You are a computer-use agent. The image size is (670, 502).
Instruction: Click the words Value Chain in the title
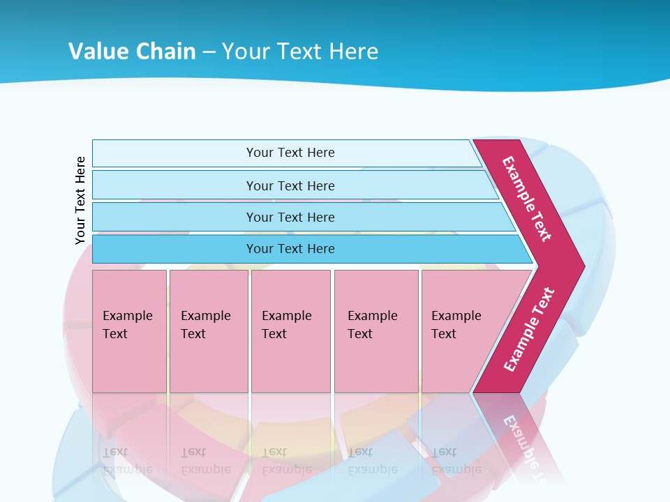click(132, 51)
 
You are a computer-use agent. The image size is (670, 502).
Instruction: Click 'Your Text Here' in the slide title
click(299, 51)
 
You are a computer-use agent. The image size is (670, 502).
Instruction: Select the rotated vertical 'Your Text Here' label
click(80, 200)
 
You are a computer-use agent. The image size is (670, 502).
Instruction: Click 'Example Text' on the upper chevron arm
click(527, 199)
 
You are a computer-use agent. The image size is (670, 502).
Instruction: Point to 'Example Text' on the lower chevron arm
click(529, 329)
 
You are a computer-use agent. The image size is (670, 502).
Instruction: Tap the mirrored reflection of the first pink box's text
click(127, 461)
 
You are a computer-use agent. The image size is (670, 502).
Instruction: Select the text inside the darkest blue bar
click(290, 249)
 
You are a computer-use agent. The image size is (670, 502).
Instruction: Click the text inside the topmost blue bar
click(290, 153)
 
